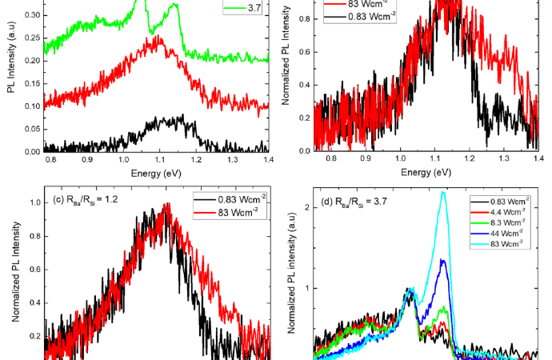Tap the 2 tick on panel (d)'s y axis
coord(305,207)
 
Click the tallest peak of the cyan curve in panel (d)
coord(442,192)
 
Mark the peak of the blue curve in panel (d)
coord(442,260)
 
